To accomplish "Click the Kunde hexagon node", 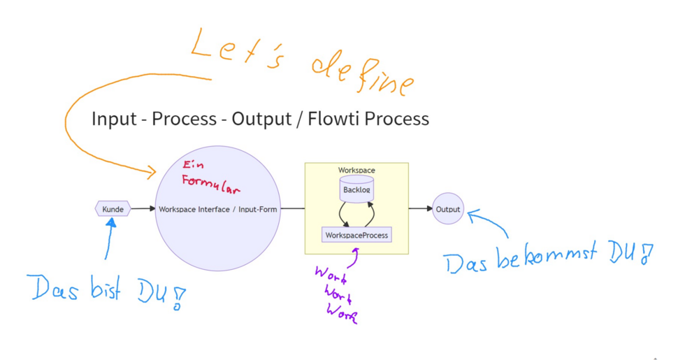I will (x=113, y=209).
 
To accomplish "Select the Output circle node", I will (x=448, y=209).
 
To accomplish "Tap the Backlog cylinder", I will (x=356, y=189).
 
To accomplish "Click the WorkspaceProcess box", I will (x=356, y=235).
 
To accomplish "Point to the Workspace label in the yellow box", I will (x=356, y=170).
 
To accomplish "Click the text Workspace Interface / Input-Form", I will (x=218, y=209).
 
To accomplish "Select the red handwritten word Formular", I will (x=210, y=185).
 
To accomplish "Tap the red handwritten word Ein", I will (x=192, y=166).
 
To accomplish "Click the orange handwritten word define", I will (x=361, y=74).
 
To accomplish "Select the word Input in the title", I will (x=113, y=119).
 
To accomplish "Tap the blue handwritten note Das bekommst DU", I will (x=549, y=259).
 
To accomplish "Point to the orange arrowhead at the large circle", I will (x=152, y=172).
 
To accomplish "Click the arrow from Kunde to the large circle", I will (x=143, y=208).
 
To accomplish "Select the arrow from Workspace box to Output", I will (x=420, y=208).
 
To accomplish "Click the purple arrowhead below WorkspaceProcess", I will (x=356, y=249).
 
